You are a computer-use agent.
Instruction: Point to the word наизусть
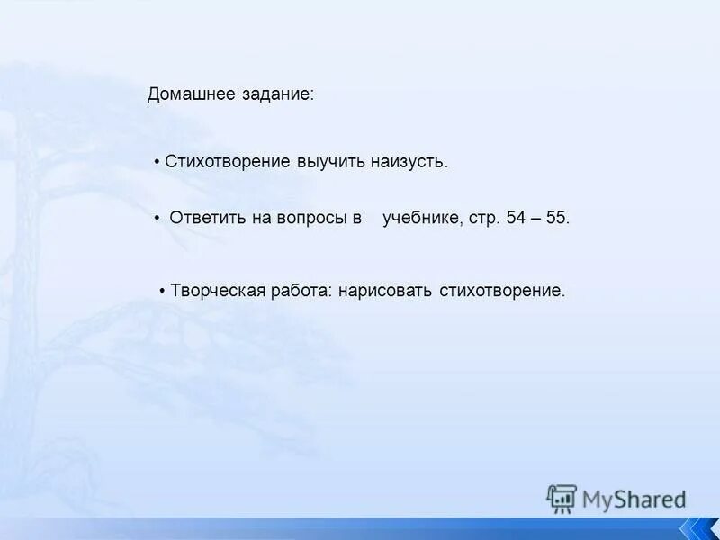point(409,162)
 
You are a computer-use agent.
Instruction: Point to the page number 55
point(557,218)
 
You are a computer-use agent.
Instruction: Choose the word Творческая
point(218,291)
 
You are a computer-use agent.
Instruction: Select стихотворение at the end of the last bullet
point(502,291)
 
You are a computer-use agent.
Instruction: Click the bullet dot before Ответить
point(157,218)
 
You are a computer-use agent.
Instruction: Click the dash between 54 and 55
point(537,218)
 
